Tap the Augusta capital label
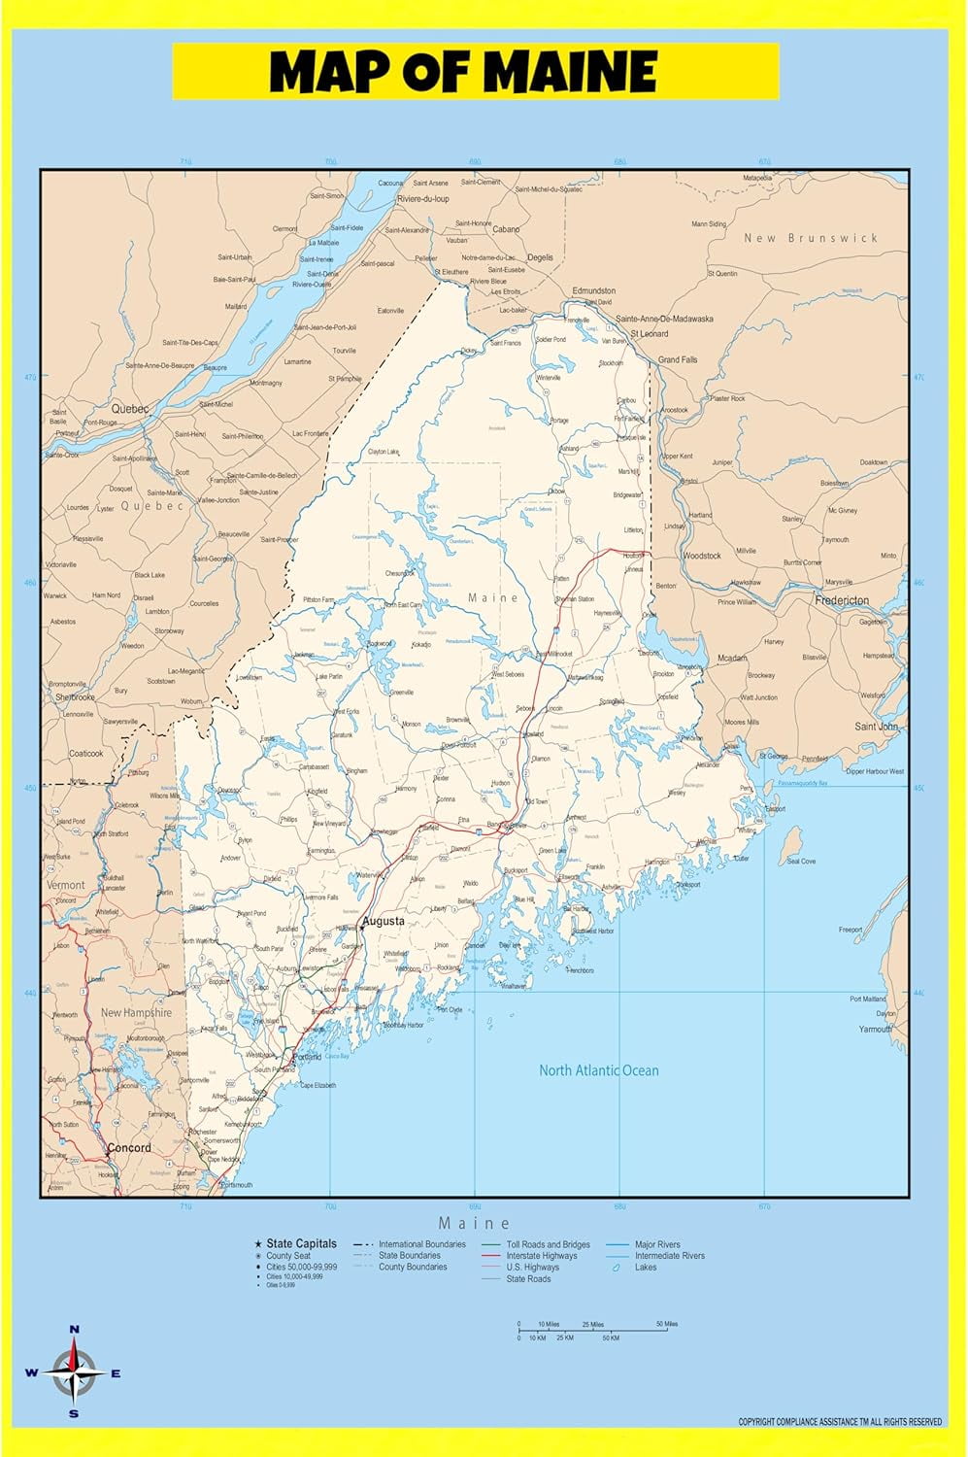click(383, 921)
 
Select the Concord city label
click(129, 1148)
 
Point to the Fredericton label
click(842, 600)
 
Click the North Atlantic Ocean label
click(598, 1070)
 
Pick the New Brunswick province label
click(810, 238)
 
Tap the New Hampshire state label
click(136, 1012)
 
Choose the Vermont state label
click(66, 885)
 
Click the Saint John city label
click(877, 727)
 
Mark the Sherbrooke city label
click(75, 697)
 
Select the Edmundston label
click(593, 290)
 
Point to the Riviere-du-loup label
click(422, 199)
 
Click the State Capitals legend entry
click(301, 1243)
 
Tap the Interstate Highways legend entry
click(541, 1256)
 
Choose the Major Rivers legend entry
click(657, 1244)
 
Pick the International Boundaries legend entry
click(421, 1244)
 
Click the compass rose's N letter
click(75, 1330)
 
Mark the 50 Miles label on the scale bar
click(666, 1324)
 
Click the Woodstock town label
click(702, 556)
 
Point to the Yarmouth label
click(875, 1029)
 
